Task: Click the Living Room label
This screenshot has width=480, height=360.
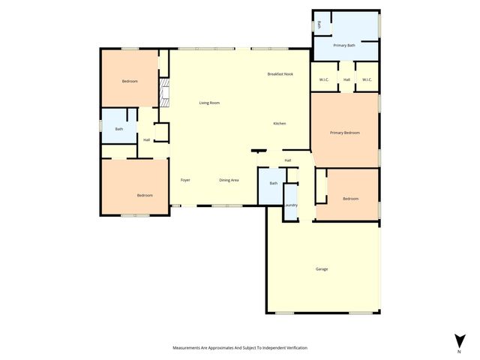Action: [209, 103]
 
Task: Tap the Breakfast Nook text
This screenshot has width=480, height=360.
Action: [280, 74]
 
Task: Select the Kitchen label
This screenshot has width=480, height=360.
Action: [279, 123]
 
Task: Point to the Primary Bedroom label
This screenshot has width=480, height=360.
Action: [345, 133]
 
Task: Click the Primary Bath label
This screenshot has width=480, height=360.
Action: [344, 45]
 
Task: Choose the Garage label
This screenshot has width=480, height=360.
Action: [322, 268]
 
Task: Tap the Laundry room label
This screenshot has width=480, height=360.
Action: [290, 205]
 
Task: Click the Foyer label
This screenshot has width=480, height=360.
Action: [185, 180]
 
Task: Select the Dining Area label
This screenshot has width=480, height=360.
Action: [229, 180]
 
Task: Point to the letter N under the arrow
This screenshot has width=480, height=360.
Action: [458, 351]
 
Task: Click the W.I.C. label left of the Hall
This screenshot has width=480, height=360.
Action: [325, 79]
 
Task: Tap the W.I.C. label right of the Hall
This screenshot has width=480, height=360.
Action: [367, 79]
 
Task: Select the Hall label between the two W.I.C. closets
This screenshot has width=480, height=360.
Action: [346, 79]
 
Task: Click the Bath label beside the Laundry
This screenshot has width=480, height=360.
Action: [273, 184]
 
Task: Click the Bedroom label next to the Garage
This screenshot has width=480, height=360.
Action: [350, 199]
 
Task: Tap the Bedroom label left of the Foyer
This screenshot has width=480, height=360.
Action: [145, 195]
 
